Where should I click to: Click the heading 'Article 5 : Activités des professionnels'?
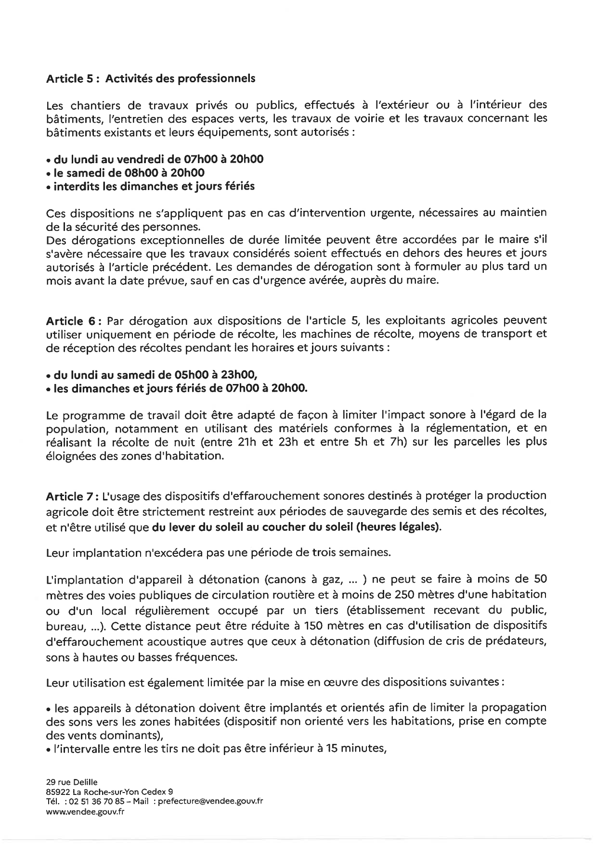(x=150, y=79)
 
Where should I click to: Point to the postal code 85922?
(x=57, y=792)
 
